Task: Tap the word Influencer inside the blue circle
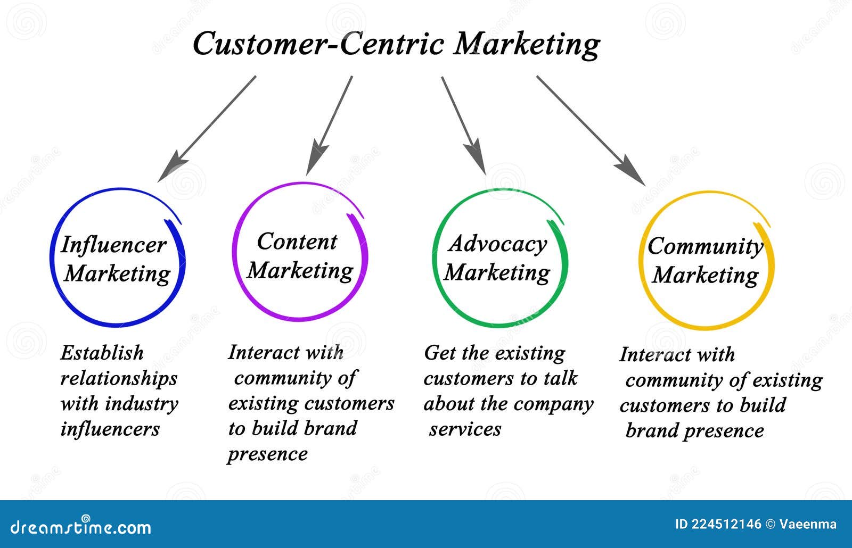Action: click(x=114, y=245)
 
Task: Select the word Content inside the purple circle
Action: click(x=297, y=242)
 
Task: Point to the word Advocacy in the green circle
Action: click(x=497, y=244)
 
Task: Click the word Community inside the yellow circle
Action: click(x=705, y=246)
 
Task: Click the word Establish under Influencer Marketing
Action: click(x=102, y=353)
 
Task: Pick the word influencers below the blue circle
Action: click(x=110, y=429)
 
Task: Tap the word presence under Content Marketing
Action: click(x=267, y=454)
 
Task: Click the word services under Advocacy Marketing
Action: click(x=465, y=429)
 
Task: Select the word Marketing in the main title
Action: click(x=526, y=45)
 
